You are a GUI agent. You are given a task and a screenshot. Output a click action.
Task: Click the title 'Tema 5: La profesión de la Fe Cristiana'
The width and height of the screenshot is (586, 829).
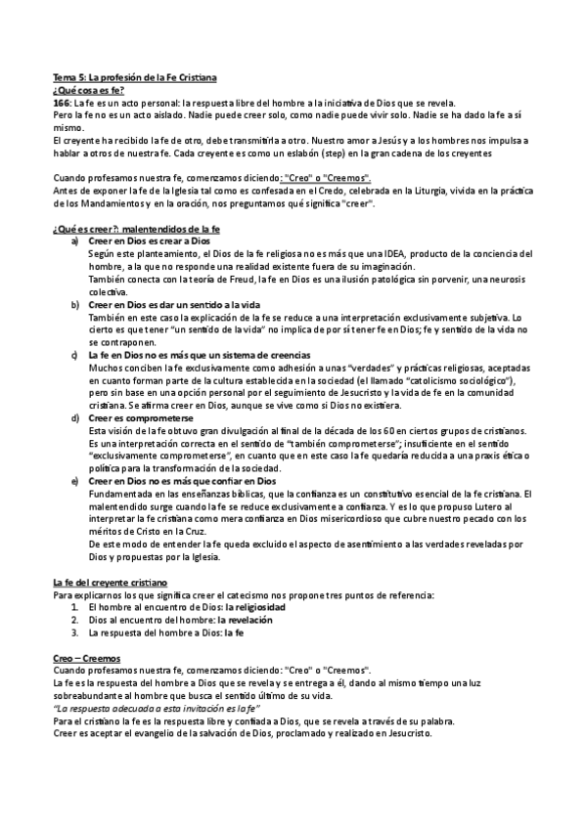click(x=135, y=75)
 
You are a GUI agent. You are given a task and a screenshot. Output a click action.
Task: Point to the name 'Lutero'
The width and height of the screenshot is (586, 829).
click(x=442, y=507)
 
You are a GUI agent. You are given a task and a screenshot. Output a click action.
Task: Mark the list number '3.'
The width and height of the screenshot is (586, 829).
click(x=76, y=633)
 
